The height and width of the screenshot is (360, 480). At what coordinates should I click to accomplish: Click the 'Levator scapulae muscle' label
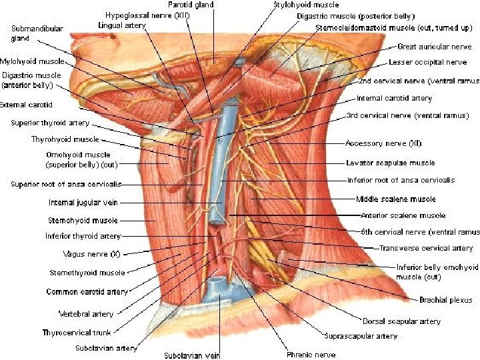pyautogui.click(x=390, y=163)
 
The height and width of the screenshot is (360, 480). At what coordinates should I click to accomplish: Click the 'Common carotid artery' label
pyautogui.click(x=87, y=292)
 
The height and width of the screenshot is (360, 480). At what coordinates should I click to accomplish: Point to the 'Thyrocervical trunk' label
pyautogui.click(x=76, y=332)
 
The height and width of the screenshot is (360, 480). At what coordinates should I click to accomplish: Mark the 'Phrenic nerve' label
pyautogui.click(x=311, y=355)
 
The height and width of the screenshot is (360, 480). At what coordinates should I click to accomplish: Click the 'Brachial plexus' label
pyautogui.click(x=445, y=300)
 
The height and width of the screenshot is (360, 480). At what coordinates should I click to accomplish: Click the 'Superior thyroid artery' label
pyautogui.click(x=50, y=123)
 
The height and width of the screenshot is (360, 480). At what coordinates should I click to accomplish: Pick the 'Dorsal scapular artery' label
pyautogui.click(x=401, y=321)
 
